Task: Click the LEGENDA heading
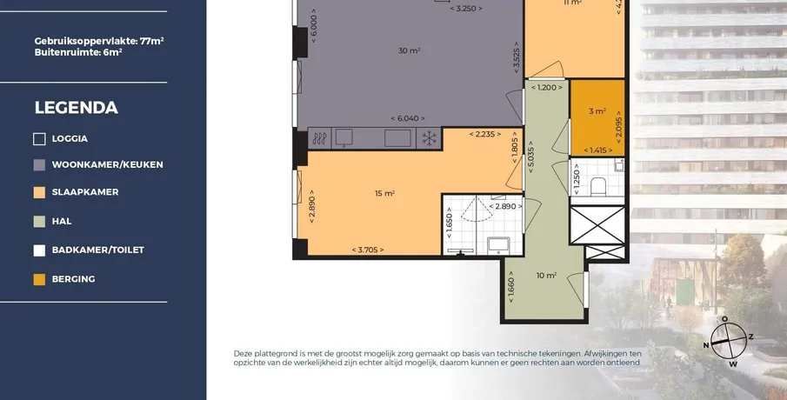click(x=77, y=108)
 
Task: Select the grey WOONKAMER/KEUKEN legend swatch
click(x=39, y=165)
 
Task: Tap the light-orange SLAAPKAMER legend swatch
click(x=39, y=192)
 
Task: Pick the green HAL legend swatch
click(x=39, y=222)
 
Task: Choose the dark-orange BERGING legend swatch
click(x=39, y=279)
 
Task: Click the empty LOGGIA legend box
click(x=39, y=139)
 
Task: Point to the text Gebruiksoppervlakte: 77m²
click(x=99, y=41)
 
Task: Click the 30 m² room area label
click(x=409, y=50)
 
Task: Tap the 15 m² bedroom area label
click(x=384, y=193)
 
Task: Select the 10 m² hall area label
click(x=547, y=276)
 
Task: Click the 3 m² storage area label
click(x=597, y=111)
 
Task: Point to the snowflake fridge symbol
click(x=429, y=138)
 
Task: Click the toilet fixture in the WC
click(x=597, y=186)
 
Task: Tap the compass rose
click(x=729, y=341)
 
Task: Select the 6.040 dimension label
click(x=408, y=118)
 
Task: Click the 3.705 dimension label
click(x=368, y=250)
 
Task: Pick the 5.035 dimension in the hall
click(x=531, y=157)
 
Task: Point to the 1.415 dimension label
click(x=597, y=150)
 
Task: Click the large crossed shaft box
click(x=597, y=225)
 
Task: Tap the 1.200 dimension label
click(x=547, y=87)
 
